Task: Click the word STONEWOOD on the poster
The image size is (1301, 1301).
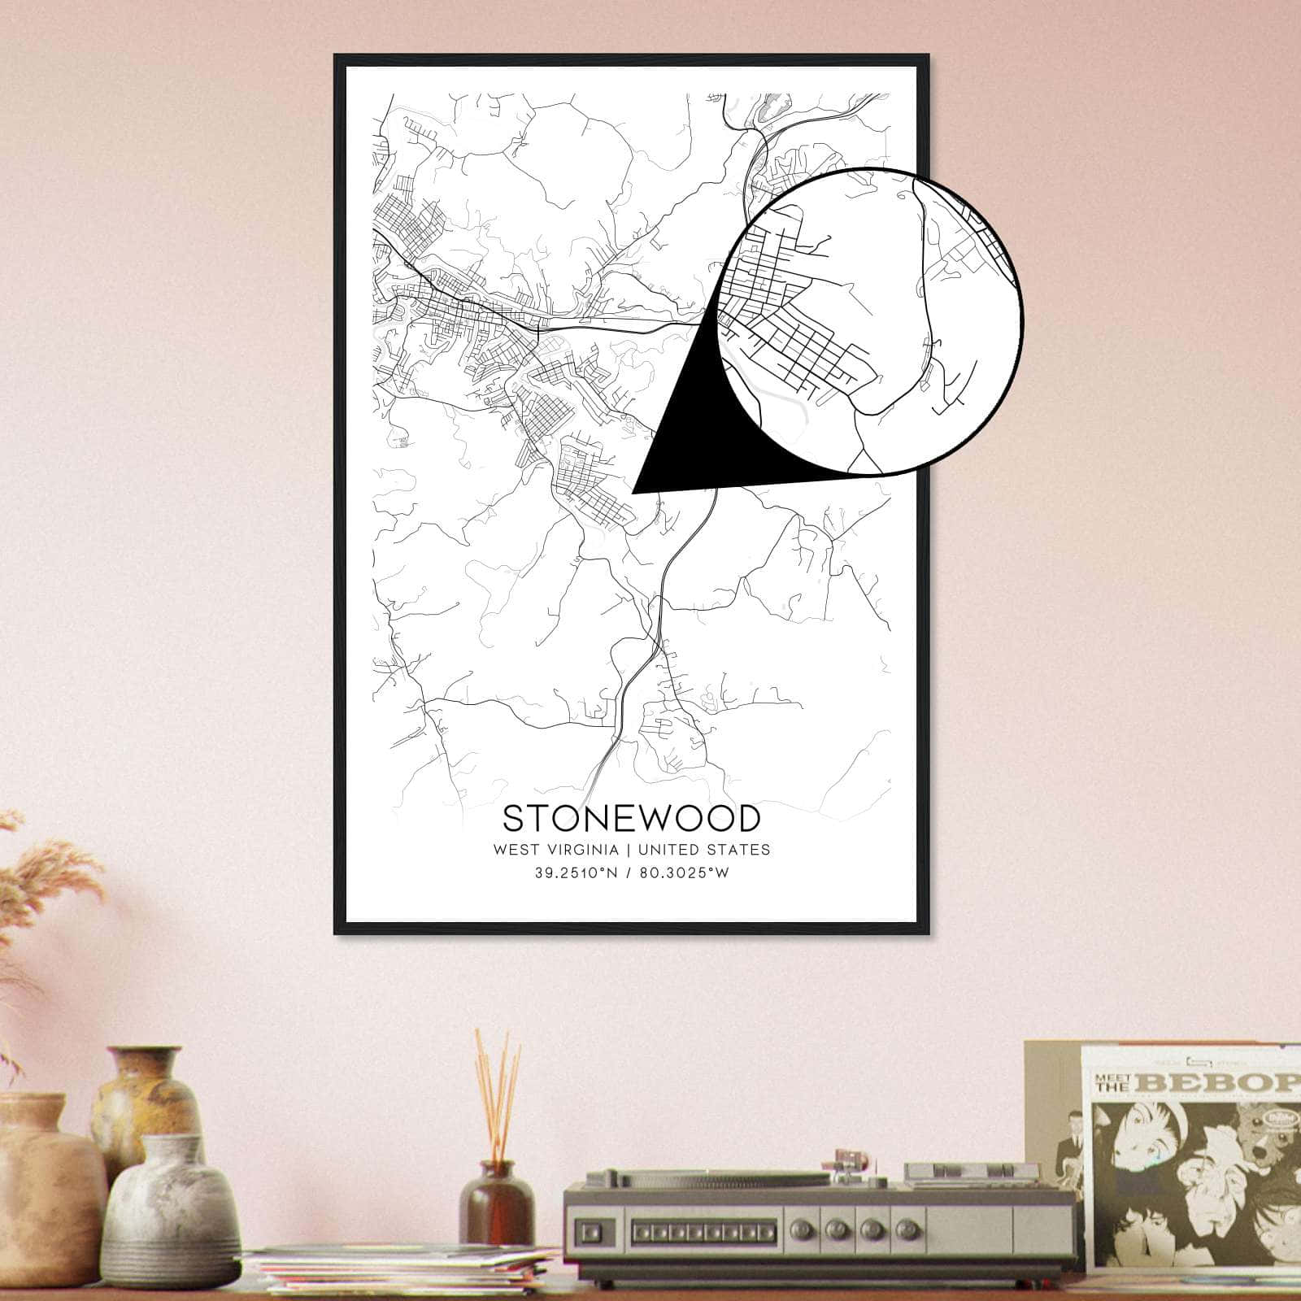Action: (x=631, y=819)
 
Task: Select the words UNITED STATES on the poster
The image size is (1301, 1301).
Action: (x=704, y=850)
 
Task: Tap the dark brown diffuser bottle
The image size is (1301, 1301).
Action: (x=496, y=1203)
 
